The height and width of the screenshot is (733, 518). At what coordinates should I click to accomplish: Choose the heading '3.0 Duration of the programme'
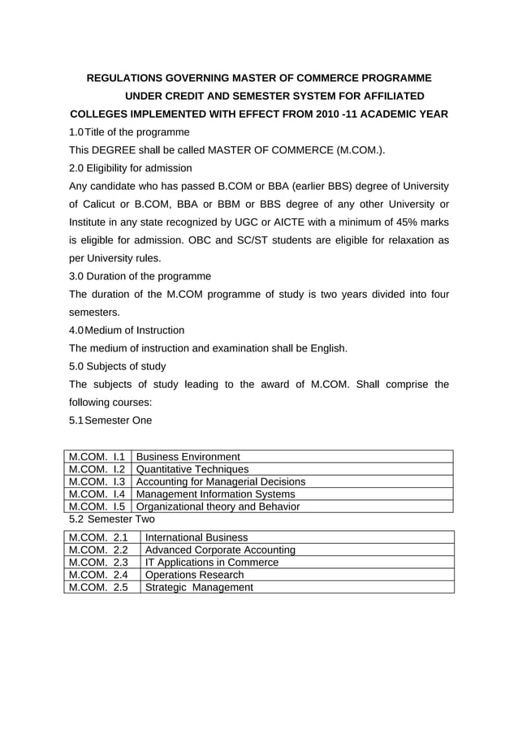[140, 276]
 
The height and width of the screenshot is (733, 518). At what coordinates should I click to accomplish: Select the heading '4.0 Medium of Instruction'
[127, 330]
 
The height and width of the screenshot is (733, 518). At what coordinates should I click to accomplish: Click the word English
[326, 348]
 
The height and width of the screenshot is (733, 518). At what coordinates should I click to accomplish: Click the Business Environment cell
[188, 457]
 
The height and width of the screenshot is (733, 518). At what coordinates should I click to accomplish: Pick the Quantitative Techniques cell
[192, 469]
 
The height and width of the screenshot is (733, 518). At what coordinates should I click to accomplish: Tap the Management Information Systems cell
[215, 494]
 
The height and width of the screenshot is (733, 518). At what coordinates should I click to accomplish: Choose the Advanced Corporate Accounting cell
[219, 550]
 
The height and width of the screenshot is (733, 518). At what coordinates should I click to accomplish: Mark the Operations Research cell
[194, 575]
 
